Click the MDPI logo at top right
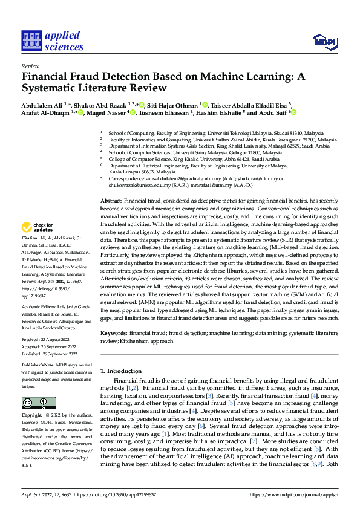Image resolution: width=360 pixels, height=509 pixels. pos(324,41)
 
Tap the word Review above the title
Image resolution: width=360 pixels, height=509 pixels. pos(30,66)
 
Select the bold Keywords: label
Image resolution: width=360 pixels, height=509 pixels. pos(113,332)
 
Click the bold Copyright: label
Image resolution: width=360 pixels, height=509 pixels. pos(33,416)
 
